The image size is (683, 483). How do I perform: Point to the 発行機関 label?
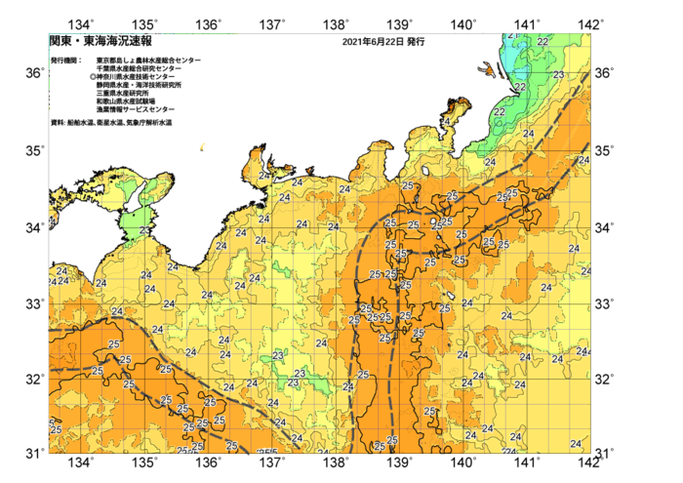coord(65,60)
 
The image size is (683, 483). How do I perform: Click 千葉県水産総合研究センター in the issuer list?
coord(140,68)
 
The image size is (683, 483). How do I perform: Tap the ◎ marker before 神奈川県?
coord(93,76)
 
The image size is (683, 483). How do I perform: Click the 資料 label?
coord(56,123)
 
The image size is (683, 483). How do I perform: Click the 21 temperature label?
coord(513,35)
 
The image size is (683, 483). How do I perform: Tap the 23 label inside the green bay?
coord(145,230)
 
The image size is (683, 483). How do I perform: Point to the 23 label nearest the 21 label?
coord(558,74)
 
